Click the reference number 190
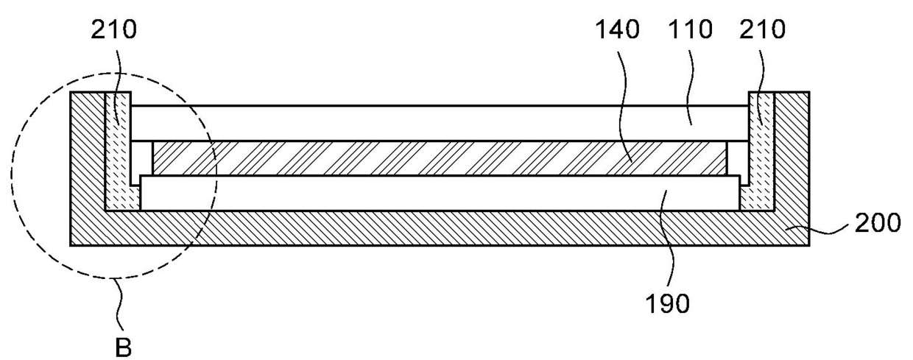[x=669, y=303]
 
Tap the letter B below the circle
[x=124, y=346]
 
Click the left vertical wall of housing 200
[x=87, y=155]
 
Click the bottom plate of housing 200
[x=442, y=227]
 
